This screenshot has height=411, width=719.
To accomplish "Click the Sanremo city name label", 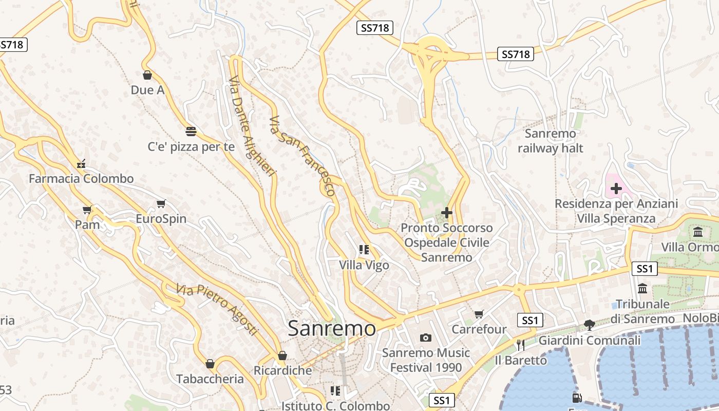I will [332, 328].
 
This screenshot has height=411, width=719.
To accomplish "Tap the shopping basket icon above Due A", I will [147, 76].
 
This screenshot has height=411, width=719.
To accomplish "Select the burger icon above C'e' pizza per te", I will [191, 132].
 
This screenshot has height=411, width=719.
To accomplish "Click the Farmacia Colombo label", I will [81, 179].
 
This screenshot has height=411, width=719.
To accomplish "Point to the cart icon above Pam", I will [87, 210].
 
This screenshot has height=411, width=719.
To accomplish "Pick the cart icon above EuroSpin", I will [161, 204].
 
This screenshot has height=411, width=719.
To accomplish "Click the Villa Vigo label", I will [364, 265].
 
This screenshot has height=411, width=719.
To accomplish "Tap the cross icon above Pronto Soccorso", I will [447, 212].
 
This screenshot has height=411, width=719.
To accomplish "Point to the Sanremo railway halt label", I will [551, 141].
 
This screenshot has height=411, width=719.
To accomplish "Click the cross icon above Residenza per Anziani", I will [616, 189].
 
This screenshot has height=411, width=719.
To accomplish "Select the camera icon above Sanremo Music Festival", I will [425, 338].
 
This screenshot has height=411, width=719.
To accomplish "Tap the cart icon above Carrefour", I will [479, 314].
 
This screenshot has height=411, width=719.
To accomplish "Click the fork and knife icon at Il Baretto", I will [521, 344].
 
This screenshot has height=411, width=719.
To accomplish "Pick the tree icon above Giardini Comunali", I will [589, 325].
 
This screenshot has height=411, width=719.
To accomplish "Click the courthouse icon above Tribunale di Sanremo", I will [642, 288].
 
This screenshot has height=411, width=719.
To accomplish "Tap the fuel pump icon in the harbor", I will [577, 398].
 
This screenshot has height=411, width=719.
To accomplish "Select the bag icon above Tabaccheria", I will [210, 364].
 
